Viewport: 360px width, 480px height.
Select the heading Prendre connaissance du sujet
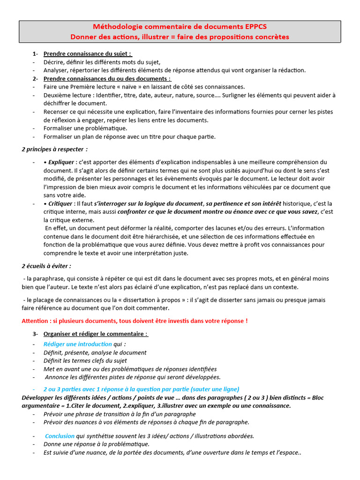pyautogui.click(x=88, y=53)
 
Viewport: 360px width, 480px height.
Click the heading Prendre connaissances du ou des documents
pyautogui.click(x=107, y=78)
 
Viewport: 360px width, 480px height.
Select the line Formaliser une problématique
pyautogui.click(x=85, y=128)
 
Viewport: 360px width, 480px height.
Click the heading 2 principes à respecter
pyautogui.click(x=54, y=149)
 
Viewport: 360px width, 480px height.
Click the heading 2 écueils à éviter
pyautogui.click(x=46, y=266)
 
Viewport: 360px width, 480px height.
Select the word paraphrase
pyautogui.click(x=49, y=279)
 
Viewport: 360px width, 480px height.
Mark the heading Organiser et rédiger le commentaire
pyautogui.click(x=95, y=334)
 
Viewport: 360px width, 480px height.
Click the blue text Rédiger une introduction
pyautogui.click(x=77, y=344)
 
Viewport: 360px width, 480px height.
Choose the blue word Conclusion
pyautogui.click(x=60, y=435)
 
